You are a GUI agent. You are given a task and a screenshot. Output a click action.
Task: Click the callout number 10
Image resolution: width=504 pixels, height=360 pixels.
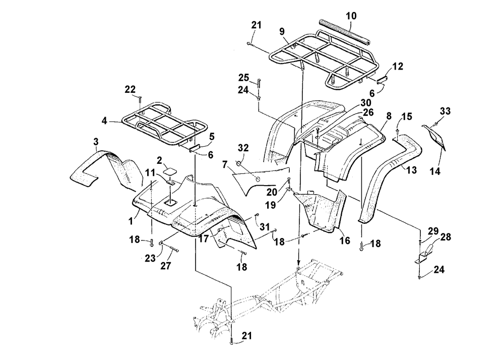pyautogui.click(x=351, y=16)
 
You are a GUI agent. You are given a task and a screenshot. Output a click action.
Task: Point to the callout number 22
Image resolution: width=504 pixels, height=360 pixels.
pyautogui.click(x=131, y=89)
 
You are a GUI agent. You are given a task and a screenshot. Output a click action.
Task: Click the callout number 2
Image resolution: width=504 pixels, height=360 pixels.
pyautogui.click(x=159, y=161)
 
